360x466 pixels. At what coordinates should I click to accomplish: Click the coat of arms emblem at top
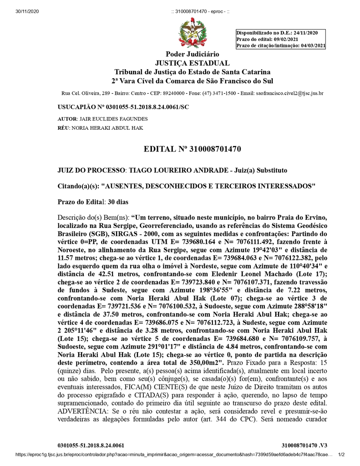point(193,33)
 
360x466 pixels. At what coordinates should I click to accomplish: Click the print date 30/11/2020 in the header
point(27,11)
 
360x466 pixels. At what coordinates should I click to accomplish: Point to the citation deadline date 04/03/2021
point(313,46)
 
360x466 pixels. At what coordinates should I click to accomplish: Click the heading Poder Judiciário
point(193,55)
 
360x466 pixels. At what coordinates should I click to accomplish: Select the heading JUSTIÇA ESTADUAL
point(193,63)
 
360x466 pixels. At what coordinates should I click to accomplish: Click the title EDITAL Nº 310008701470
point(192,149)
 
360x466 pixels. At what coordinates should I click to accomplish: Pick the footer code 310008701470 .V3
point(304,445)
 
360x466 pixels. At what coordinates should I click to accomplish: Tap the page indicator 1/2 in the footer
point(342,454)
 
